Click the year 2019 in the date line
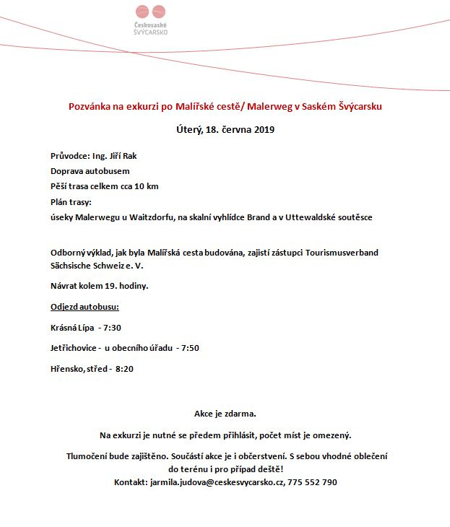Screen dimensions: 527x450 point(264,130)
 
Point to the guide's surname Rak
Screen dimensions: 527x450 point(129,156)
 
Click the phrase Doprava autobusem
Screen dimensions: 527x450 point(90,171)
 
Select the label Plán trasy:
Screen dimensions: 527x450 point(72,201)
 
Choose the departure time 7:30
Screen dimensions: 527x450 point(112,327)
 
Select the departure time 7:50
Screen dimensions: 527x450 point(190,348)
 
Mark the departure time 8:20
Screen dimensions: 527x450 point(124,369)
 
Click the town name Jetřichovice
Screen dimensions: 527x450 point(74,348)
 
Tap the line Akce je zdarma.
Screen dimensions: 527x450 point(225,414)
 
